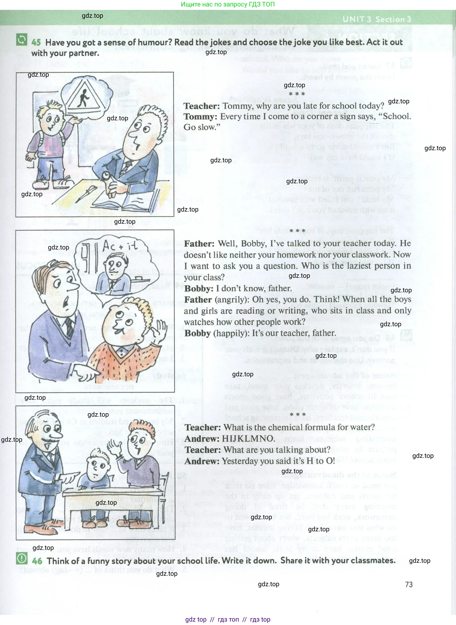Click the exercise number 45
36,42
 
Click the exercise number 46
37,561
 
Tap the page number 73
409,584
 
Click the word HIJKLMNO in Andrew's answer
248,438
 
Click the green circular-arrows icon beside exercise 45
22,40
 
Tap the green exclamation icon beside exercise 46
22,559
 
